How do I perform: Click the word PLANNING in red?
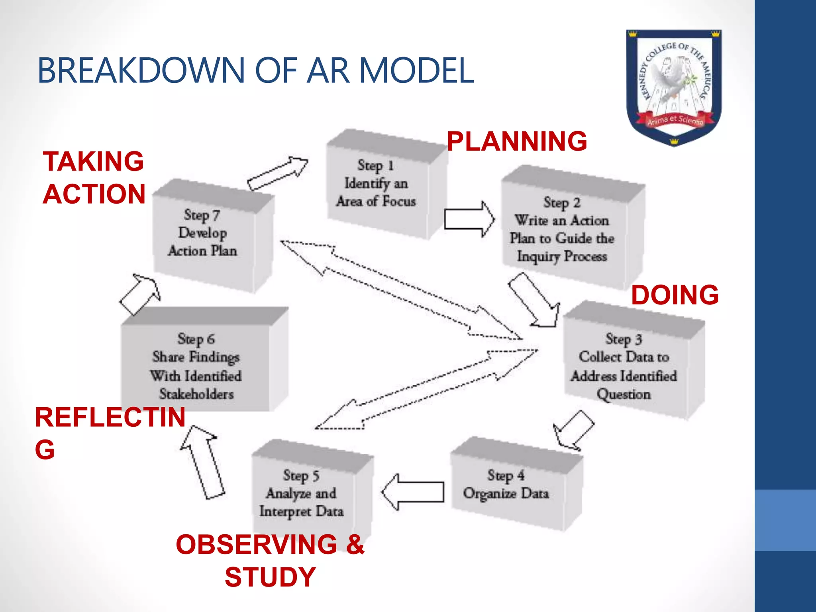[x=517, y=141]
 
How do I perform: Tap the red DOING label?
[x=675, y=295]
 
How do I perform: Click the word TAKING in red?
[x=93, y=161]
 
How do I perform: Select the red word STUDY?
[x=271, y=577]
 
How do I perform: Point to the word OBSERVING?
[x=257, y=544]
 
